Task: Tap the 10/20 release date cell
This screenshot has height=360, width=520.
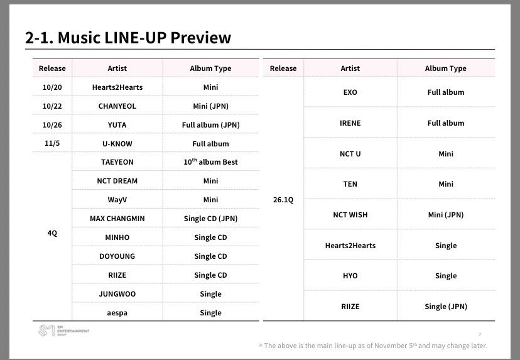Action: (x=52, y=87)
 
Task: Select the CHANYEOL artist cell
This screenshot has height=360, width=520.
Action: (x=117, y=106)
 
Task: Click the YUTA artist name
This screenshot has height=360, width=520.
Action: (x=117, y=125)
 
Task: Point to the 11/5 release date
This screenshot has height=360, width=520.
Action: (x=52, y=144)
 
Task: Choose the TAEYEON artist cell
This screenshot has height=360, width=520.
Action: (x=117, y=162)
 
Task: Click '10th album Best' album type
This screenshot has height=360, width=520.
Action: (x=210, y=162)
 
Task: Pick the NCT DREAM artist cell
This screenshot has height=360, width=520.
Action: (x=117, y=181)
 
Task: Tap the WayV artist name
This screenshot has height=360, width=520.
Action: (x=117, y=200)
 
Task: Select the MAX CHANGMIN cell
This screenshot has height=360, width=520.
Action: (x=117, y=219)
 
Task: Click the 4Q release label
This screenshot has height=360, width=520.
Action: (x=52, y=234)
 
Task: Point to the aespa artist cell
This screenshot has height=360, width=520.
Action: (x=117, y=313)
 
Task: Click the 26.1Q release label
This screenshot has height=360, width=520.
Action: (x=283, y=200)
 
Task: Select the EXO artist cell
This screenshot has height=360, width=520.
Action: (x=350, y=92)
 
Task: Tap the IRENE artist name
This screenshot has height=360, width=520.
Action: (x=350, y=123)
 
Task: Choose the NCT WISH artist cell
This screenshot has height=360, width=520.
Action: (x=350, y=215)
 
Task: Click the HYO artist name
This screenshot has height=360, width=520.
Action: (x=350, y=276)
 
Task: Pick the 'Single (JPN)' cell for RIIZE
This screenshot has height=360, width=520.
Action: (x=445, y=307)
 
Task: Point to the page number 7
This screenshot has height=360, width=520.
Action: (x=480, y=334)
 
